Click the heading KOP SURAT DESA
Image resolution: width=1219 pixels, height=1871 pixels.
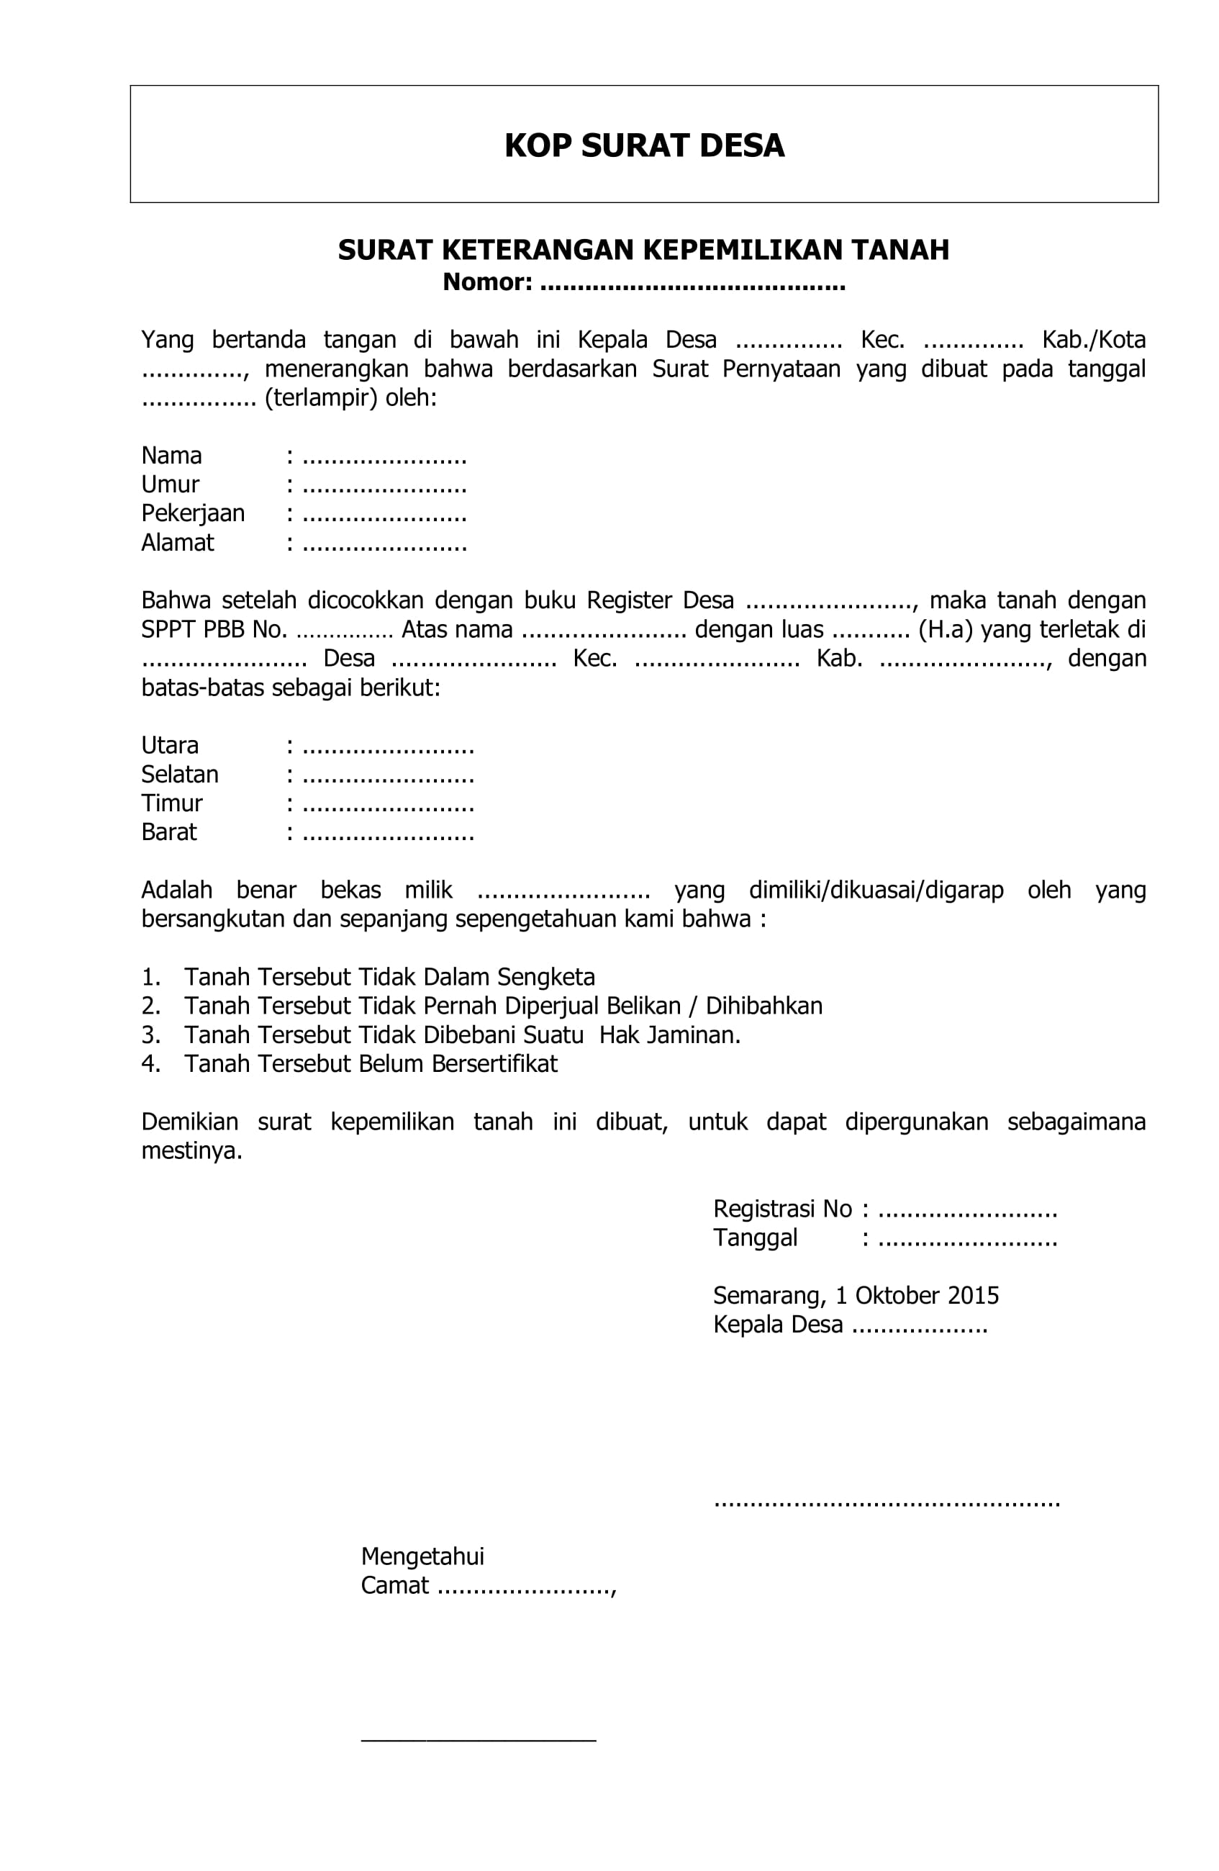[x=644, y=146]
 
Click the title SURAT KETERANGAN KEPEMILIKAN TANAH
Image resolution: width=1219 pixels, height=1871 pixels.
[x=644, y=250]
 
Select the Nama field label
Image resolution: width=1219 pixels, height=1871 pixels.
[x=171, y=456]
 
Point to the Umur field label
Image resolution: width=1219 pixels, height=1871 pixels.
[x=170, y=485]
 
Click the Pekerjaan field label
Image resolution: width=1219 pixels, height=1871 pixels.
[x=193, y=514]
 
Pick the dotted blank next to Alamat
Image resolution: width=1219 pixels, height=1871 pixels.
[x=384, y=544]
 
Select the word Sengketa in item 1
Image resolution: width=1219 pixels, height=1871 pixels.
[x=545, y=978]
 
